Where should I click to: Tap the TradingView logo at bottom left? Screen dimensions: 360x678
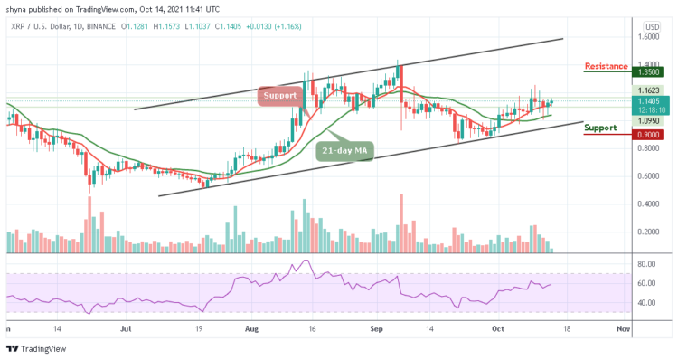(36, 348)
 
